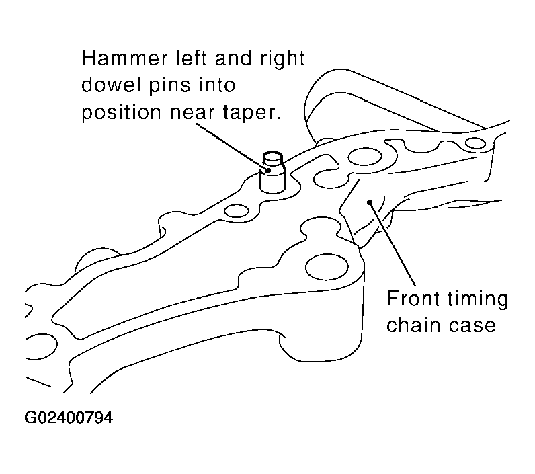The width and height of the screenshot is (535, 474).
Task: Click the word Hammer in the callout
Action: click(x=124, y=58)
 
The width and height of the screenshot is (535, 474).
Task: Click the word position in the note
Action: click(x=121, y=112)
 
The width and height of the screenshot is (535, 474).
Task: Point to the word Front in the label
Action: click(x=413, y=299)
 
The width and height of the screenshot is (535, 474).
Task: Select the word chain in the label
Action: click(x=413, y=325)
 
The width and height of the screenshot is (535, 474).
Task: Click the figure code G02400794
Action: click(x=69, y=418)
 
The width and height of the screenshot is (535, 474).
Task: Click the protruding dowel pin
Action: click(x=272, y=172)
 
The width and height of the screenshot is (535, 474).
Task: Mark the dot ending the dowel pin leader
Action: click(x=268, y=170)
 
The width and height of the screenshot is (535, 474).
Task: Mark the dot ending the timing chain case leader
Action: click(x=369, y=202)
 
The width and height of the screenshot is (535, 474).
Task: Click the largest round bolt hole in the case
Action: click(x=327, y=267)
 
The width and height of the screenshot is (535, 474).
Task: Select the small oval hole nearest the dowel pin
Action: click(x=237, y=210)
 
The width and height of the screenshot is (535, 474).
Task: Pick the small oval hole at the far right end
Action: click(x=475, y=143)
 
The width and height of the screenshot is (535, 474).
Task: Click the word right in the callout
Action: click(x=282, y=58)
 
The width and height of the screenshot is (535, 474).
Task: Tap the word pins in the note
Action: click(x=169, y=85)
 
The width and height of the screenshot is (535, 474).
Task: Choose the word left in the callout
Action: click(x=192, y=58)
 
